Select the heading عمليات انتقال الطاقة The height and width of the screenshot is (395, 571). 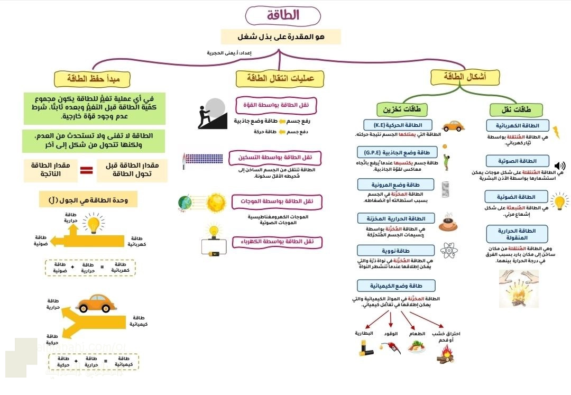pyautogui.click(x=280, y=78)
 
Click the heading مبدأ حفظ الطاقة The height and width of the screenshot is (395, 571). pyautogui.click(x=92, y=79)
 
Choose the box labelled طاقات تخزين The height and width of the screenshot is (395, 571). pyautogui.click(x=402, y=110)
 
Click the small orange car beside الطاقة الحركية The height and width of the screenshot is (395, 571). pyautogui.click(x=453, y=126)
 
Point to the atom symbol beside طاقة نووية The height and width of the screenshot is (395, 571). pyautogui.click(x=449, y=251)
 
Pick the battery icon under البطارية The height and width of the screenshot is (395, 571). pyautogui.click(x=364, y=346)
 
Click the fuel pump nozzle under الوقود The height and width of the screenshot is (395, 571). pyautogui.click(x=390, y=347)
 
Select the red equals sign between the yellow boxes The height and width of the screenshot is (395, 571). pyautogui.click(x=86, y=170)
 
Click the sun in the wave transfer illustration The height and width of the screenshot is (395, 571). pyautogui.click(x=216, y=202)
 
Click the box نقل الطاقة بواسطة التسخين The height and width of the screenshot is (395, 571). pyautogui.click(x=275, y=157)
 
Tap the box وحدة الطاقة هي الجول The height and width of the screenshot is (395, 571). pyautogui.click(x=88, y=199)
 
